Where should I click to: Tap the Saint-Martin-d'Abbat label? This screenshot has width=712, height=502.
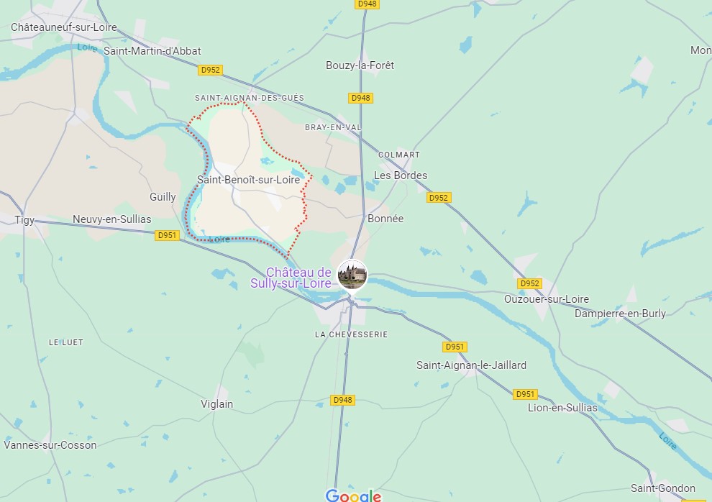point(152,51)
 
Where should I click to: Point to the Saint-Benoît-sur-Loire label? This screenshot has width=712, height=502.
point(248,180)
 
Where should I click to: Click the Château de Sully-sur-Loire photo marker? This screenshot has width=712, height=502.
point(352,275)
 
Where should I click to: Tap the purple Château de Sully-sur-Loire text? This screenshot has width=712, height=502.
point(298,278)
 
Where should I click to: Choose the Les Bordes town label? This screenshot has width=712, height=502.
point(401,175)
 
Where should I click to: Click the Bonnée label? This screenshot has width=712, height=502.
point(385,219)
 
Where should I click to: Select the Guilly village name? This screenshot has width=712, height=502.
point(163,197)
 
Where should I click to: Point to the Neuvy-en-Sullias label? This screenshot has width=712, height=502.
point(112,219)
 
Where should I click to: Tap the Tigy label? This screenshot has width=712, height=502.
point(24,220)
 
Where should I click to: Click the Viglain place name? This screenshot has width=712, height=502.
point(216,404)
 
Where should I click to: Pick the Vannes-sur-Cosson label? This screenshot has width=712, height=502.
point(50,445)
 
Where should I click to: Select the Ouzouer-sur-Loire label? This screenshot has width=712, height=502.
point(547,299)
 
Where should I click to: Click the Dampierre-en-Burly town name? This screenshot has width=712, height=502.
point(620,314)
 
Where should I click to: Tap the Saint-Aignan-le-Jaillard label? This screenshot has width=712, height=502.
point(471,365)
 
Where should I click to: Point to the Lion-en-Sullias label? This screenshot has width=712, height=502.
point(562,408)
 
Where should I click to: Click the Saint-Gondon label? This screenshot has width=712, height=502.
point(663,488)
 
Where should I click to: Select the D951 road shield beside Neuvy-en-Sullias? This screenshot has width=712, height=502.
point(167,235)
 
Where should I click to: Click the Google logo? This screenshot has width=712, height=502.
point(353,495)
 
